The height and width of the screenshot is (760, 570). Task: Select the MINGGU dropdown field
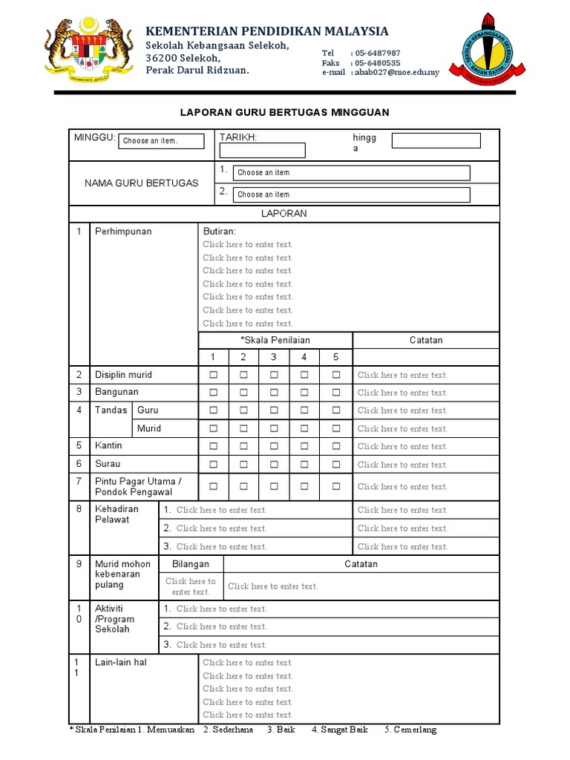[x=161, y=141]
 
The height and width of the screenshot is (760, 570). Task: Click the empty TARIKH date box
[x=262, y=151]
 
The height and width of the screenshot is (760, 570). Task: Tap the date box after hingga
[x=436, y=141]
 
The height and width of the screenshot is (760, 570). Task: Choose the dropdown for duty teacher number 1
[x=352, y=173]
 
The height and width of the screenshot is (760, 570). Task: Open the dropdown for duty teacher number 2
[x=352, y=194]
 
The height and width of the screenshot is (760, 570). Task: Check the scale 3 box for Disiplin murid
[x=274, y=375]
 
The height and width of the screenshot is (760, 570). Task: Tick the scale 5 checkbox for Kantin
[x=336, y=447]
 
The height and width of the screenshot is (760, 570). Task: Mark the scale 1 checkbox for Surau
[x=214, y=465]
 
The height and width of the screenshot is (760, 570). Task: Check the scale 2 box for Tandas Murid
[x=243, y=428]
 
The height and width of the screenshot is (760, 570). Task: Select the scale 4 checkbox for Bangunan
[x=304, y=393]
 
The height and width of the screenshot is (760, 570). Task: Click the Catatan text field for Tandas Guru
[x=402, y=410]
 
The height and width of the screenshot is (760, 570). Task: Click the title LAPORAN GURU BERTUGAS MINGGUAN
[x=285, y=112]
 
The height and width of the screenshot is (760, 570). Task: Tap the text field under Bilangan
[x=191, y=586]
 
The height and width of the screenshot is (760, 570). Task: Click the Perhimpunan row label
[x=123, y=232]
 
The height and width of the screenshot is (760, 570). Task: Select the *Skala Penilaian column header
[x=275, y=340]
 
